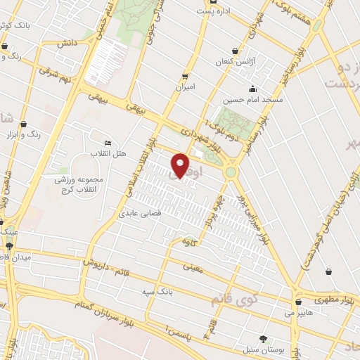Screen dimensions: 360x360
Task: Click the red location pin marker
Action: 181,165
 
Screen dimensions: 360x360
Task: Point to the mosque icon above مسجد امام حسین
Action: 252,89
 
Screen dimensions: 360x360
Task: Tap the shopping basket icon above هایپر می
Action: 300,302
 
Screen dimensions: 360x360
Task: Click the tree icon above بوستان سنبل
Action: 263,338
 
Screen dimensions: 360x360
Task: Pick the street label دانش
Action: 67,43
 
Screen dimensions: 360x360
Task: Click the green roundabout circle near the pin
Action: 231,172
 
